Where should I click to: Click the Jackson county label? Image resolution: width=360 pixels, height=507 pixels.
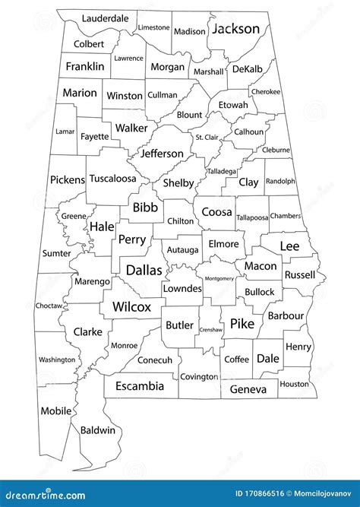point(235,29)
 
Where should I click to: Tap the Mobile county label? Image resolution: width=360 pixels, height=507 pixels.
point(55,410)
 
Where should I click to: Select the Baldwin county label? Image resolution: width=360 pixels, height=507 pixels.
point(97,429)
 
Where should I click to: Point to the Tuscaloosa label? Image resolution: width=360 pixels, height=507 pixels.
point(112,179)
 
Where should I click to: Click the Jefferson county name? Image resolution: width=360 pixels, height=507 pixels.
point(161,154)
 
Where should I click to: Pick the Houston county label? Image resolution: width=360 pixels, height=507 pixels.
point(294,384)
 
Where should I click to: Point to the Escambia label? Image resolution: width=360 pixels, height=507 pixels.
point(139,386)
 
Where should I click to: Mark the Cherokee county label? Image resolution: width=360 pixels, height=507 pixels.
point(286,91)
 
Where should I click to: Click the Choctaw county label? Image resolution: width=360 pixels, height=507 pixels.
point(49,306)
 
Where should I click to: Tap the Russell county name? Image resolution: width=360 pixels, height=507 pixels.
point(299,274)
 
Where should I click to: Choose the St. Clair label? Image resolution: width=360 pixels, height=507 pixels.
point(207,138)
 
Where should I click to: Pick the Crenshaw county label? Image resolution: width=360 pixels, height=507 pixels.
point(210,330)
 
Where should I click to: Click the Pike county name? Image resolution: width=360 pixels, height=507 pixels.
point(242,324)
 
